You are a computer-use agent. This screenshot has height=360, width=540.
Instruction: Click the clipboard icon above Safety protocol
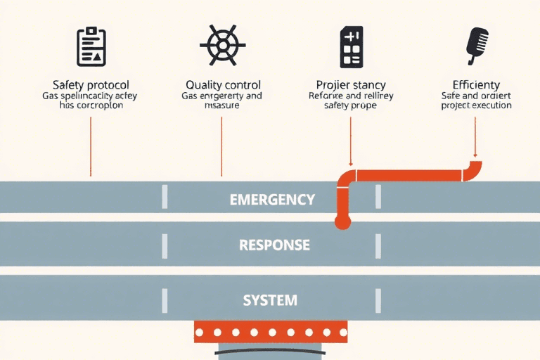[x=91, y=47]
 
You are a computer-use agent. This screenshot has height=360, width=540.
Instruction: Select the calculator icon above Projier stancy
[x=350, y=47]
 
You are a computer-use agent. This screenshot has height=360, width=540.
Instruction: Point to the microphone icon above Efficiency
[x=476, y=44]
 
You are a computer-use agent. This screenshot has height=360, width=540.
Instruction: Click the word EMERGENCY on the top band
[x=272, y=200]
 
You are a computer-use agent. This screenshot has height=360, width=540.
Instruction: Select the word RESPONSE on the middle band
[x=274, y=245]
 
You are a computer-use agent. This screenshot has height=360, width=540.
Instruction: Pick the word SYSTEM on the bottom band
[x=270, y=300]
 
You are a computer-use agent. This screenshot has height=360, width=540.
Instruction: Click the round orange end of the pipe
[x=342, y=223]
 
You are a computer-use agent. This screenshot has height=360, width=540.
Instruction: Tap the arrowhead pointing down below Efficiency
[x=475, y=155]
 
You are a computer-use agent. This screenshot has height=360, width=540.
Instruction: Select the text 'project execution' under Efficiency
[x=476, y=105]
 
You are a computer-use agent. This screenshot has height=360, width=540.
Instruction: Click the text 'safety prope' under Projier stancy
[x=350, y=105]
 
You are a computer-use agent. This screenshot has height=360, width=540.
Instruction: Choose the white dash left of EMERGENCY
[x=165, y=198]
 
